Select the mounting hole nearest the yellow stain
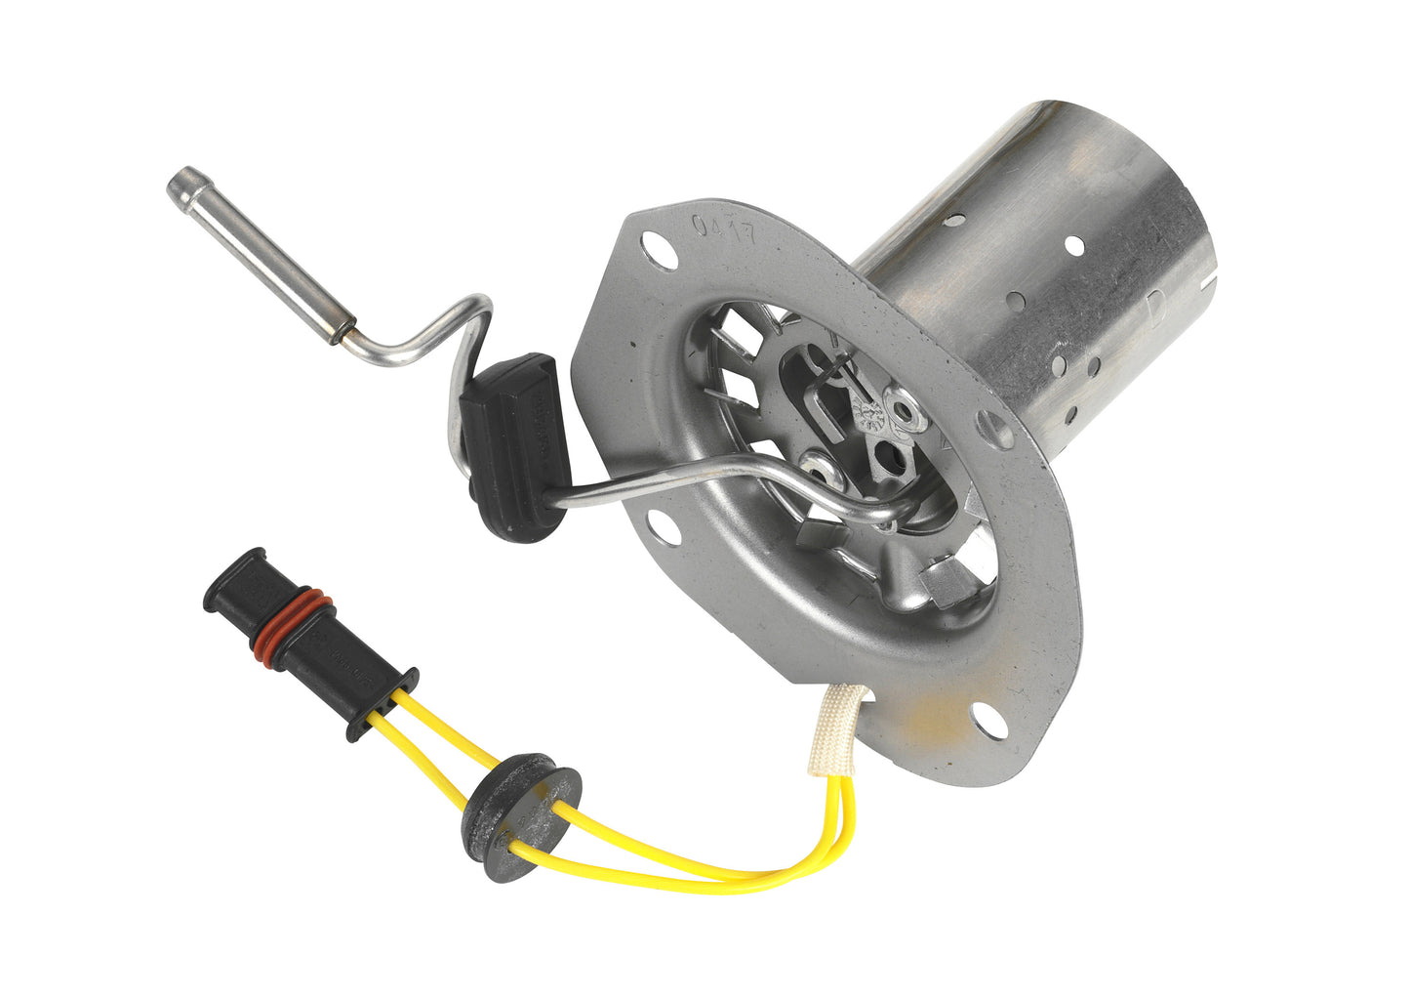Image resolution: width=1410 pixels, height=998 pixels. (987, 722)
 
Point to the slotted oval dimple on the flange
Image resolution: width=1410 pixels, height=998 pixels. (995, 426)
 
